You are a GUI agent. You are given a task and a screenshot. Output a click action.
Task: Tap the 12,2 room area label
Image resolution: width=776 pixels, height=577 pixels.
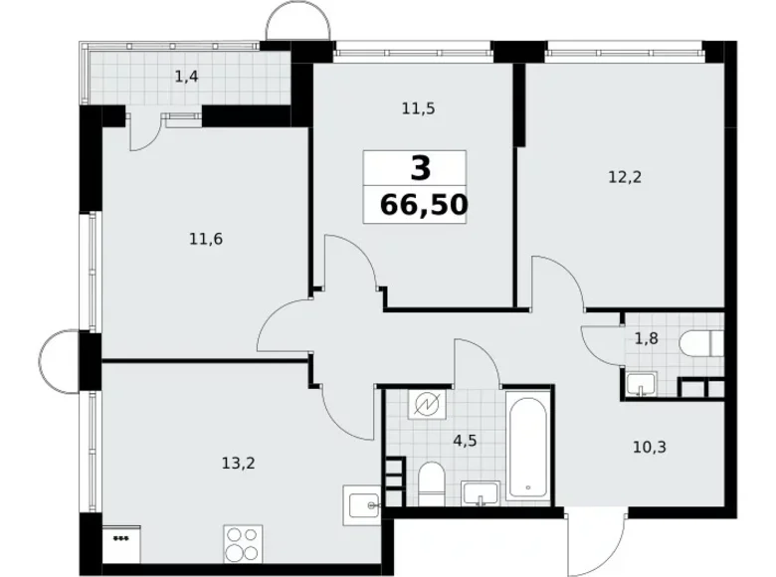(x=625, y=178)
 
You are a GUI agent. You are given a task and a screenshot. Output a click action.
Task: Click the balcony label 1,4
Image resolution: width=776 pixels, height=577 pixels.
(x=186, y=76)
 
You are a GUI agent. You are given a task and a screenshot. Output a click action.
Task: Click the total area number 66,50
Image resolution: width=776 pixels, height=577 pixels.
(x=423, y=207)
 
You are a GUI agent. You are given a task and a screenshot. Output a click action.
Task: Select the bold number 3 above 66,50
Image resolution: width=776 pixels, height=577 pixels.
(x=422, y=167)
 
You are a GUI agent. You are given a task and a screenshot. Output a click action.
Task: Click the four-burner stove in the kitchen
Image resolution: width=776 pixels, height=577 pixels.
(x=242, y=544)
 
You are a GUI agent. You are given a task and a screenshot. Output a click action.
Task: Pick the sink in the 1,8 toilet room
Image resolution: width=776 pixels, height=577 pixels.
(x=638, y=383)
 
